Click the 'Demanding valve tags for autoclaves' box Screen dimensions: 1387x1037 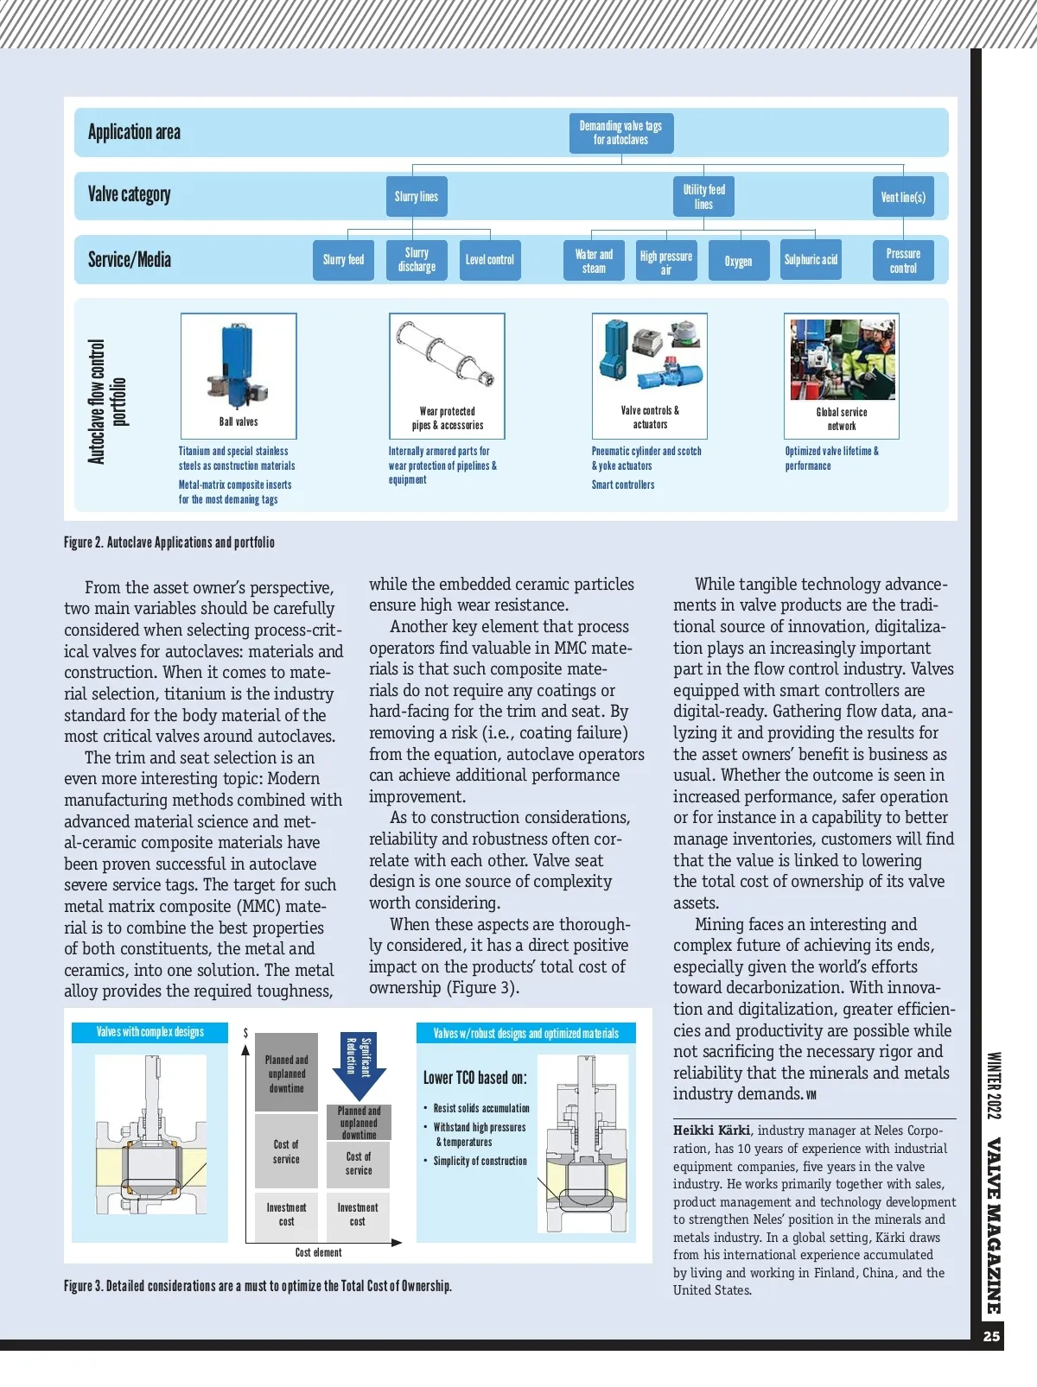click(x=620, y=133)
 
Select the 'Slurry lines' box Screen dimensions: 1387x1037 click(x=416, y=197)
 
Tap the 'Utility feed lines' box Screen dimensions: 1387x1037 click(x=703, y=197)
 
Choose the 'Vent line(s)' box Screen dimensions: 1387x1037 click(x=903, y=197)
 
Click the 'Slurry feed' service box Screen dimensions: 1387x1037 click(x=343, y=260)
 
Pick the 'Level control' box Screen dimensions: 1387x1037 click(x=489, y=260)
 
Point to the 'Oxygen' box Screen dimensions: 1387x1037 click(x=738, y=261)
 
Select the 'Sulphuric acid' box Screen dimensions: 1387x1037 click(x=811, y=260)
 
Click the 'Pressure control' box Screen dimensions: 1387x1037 click(x=903, y=261)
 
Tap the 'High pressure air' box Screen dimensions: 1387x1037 click(x=665, y=261)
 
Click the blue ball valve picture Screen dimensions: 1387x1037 click(x=238, y=364)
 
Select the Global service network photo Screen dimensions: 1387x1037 click(x=842, y=359)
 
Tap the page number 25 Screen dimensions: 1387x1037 click(x=991, y=1336)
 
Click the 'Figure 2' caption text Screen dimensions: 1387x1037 click(x=169, y=542)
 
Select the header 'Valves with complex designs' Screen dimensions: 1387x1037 click(x=150, y=1032)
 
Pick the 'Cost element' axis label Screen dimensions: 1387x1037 click(x=318, y=1252)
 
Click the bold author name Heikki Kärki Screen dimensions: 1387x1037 click(x=711, y=1130)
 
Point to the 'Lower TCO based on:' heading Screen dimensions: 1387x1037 click(x=474, y=1078)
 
